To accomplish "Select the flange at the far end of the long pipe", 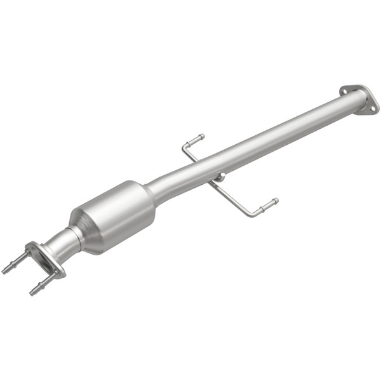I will pyautogui.click(x=359, y=99).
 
